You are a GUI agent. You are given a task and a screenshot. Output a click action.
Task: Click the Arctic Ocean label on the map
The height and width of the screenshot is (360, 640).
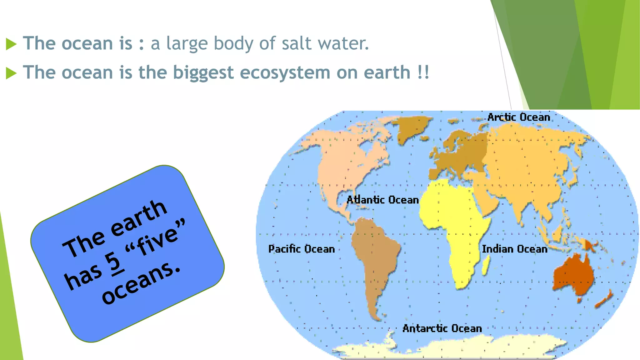pos(518,117)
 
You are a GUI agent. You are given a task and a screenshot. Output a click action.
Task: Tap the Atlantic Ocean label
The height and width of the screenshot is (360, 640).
pos(382,200)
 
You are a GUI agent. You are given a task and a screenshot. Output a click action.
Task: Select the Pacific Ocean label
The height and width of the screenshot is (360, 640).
pos(301,249)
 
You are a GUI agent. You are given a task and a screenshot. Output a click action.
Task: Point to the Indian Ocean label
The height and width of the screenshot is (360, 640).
pos(514,249)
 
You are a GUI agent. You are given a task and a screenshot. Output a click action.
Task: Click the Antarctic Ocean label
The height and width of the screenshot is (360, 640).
pos(442,328)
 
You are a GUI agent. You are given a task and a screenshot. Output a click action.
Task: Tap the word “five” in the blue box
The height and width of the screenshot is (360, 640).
pos(156,239)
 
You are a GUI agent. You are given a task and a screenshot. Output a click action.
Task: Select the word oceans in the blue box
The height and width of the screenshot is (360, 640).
pos(141,283)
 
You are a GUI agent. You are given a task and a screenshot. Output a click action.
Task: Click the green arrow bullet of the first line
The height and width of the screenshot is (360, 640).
pos(11,44)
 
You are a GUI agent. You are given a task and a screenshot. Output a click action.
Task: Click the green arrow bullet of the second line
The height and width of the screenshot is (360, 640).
pos(11,73)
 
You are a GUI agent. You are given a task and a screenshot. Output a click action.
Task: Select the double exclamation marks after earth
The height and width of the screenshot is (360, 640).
pos(423,72)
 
